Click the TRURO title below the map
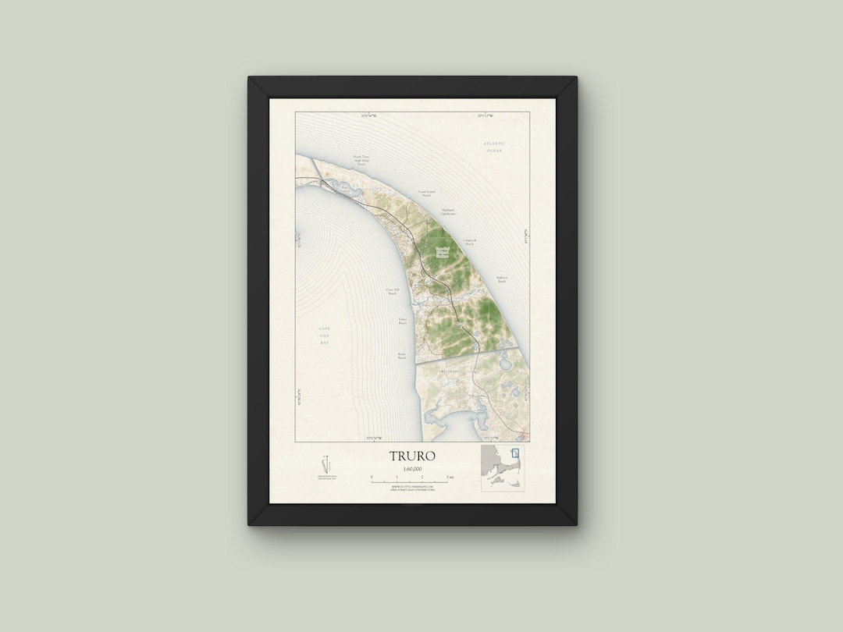pyautogui.click(x=412, y=456)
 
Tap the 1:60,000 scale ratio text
pyautogui.click(x=412, y=468)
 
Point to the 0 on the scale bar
pyautogui.click(x=372, y=476)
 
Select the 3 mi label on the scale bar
pyautogui.click(x=450, y=476)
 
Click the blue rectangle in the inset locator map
pyautogui.click(x=515, y=453)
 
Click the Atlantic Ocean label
pyautogui.click(x=494, y=147)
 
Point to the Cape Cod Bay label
pyautogui.click(x=324, y=336)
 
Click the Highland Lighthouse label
pyautogui.click(x=447, y=211)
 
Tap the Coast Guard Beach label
pyautogui.click(x=426, y=192)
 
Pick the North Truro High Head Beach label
pyautogui.click(x=361, y=160)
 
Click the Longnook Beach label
pyautogui.click(x=469, y=242)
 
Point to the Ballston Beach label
pyautogui.click(x=502, y=279)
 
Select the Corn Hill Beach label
pyautogui.click(x=392, y=291)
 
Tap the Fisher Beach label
pyautogui.click(x=403, y=321)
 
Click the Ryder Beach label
pyautogui.click(x=402, y=355)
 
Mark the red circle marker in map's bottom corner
pyautogui.click(x=524, y=436)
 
